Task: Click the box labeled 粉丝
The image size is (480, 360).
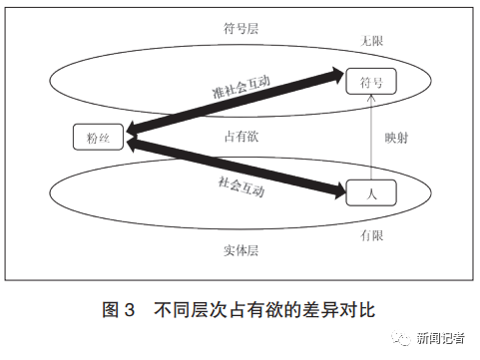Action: (x=98, y=137)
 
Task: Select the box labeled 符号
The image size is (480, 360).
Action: (x=370, y=83)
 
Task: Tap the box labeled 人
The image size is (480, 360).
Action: (x=370, y=192)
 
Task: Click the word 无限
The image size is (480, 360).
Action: (x=371, y=40)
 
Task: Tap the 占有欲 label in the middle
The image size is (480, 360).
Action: (x=240, y=137)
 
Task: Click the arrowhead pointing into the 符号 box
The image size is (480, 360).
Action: (x=335, y=73)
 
